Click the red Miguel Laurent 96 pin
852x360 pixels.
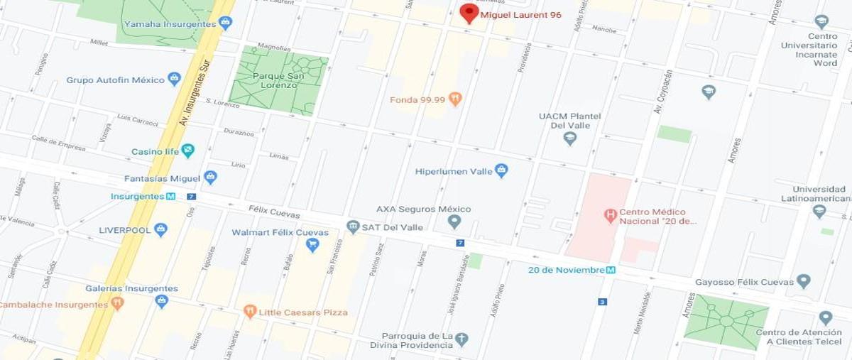pyautogui.click(x=469, y=13)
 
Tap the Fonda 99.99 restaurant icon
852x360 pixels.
pyautogui.click(x=455, y=99)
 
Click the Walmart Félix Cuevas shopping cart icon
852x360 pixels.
pyautogui.click(x=312, y=245)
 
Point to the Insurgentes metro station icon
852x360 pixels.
pyautogui.click(x=171, y=196)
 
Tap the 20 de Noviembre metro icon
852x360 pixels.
pyautogui.click(x=611, y=270)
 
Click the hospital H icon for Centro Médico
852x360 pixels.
pyautogui.click(x=608, y=214)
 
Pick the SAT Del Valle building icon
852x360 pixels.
pyautogui.click(x=353, y=227)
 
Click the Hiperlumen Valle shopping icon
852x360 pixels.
pyautogui.click(x=501, y=170)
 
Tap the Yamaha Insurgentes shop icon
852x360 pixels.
pyautogui.click(x=225, y=23)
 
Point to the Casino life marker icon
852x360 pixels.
pyautogui.click(x=187, y=151)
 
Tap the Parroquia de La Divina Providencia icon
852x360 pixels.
pyautogui.click(x=461, y=339)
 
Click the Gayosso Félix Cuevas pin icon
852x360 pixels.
pyautogui.click(x=803, y=281)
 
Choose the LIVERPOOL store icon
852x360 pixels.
pyautogui.click(x=160, y=229)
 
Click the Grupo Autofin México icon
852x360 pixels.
pyautogui.click(x=174, y=79)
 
